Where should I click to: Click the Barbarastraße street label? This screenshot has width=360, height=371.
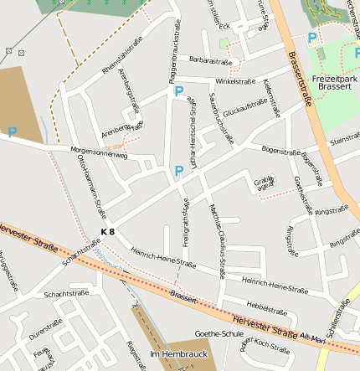click(x=210, y=61)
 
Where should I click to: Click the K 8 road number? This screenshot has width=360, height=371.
click(x=107, y=231)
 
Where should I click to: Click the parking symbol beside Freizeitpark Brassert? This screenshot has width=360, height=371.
click(x=312, y=38)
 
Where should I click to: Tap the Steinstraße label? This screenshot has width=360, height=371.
click(x=344, y=139)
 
